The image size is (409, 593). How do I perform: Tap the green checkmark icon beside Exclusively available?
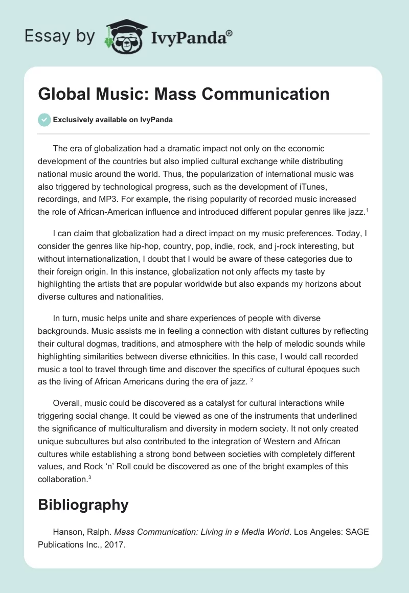[44, 120]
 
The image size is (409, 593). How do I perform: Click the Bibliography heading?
[83, 505]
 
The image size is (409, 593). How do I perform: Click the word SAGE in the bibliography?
[357, 532]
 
